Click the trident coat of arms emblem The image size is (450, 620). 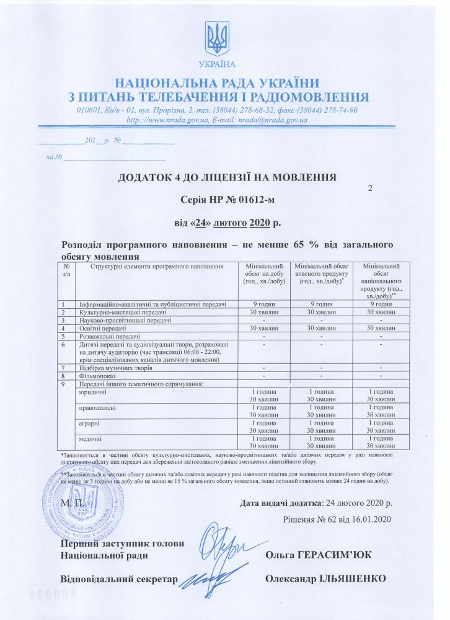[218, 38]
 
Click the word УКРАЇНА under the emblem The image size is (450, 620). [218, 64]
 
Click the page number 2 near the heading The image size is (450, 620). [370, 187]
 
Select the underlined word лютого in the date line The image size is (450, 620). [231, 223]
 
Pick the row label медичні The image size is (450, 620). [91, 438]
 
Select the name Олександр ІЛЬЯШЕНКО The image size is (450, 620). [325, 578]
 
